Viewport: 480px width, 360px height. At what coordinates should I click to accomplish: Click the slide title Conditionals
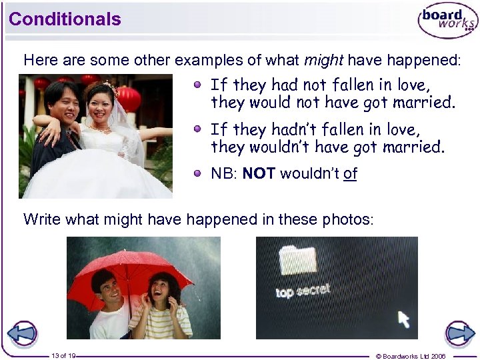65,19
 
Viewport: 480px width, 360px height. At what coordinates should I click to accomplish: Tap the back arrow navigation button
22,333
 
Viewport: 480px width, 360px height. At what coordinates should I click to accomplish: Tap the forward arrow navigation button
459,333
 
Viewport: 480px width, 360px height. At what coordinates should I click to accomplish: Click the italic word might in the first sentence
323,60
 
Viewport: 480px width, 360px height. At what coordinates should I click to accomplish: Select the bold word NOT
259,174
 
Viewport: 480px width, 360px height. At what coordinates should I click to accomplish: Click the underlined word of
350,174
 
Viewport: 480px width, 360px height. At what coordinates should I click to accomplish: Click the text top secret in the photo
303,291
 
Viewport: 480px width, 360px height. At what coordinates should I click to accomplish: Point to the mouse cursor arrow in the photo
403,319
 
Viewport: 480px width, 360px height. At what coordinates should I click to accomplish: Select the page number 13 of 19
63,356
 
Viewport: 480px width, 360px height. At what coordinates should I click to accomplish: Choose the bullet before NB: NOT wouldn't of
198,173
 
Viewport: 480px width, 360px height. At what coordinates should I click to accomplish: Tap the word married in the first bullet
426,103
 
